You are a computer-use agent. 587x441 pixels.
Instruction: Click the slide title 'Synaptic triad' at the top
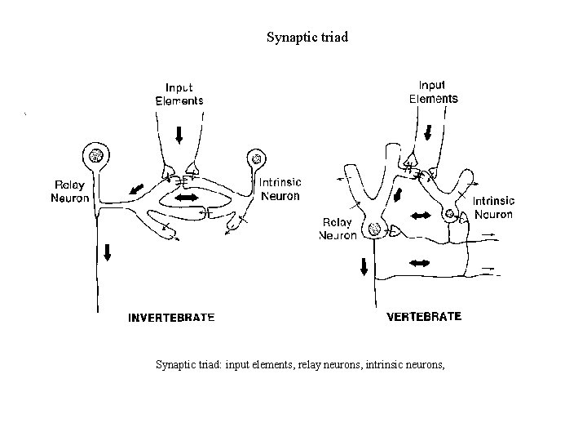[307, 37]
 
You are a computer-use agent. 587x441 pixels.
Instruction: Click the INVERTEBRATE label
[172, 318]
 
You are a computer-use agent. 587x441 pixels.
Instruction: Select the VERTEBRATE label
[423, 316]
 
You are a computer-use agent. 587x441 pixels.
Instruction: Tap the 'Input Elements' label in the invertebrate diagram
[179, 95]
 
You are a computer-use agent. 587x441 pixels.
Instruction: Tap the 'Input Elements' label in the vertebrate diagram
[433, 91]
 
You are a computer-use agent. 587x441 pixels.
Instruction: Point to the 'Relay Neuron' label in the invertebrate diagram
[70, 191]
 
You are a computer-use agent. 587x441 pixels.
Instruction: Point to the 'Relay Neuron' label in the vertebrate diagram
[337, 229]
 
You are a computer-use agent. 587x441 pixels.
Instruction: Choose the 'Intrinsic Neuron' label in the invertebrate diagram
[279, 189]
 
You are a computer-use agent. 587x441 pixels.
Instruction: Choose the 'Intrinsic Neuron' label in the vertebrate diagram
[493, 209]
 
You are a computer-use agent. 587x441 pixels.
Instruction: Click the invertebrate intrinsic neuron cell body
[257, 158]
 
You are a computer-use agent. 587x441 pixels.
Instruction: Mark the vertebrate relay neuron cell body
[374, 230]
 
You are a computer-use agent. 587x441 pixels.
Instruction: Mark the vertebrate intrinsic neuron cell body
[449, 216]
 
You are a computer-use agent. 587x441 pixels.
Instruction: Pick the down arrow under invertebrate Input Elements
[179, 135]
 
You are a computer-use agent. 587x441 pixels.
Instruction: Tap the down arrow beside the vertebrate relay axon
[364, 266]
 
